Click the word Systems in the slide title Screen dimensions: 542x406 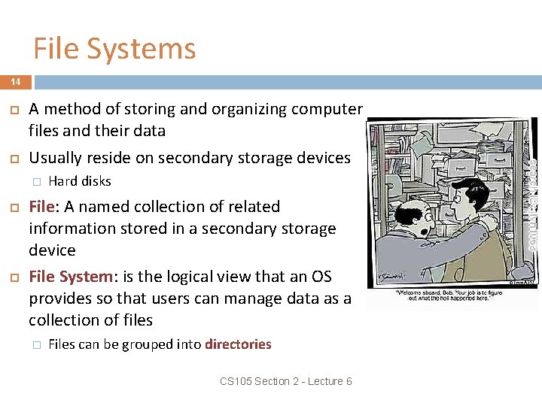point(142,49)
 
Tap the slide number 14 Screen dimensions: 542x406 point(16,81)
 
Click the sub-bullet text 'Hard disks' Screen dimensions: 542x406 point(79,181)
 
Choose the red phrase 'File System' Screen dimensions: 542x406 point(68,277)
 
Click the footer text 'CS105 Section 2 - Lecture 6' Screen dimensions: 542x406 point(286,381)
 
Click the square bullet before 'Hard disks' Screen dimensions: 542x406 point(35,181)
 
